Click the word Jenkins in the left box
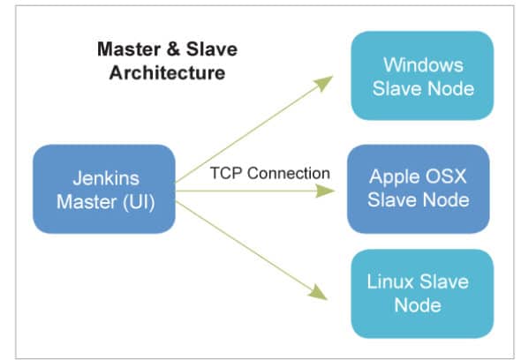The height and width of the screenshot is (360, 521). [x=103, y=177]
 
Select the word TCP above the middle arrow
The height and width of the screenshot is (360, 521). [x=225, y=173]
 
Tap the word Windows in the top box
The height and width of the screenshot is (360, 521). [x=422, y=65]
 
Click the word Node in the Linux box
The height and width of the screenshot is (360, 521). [x=417, y=305]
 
